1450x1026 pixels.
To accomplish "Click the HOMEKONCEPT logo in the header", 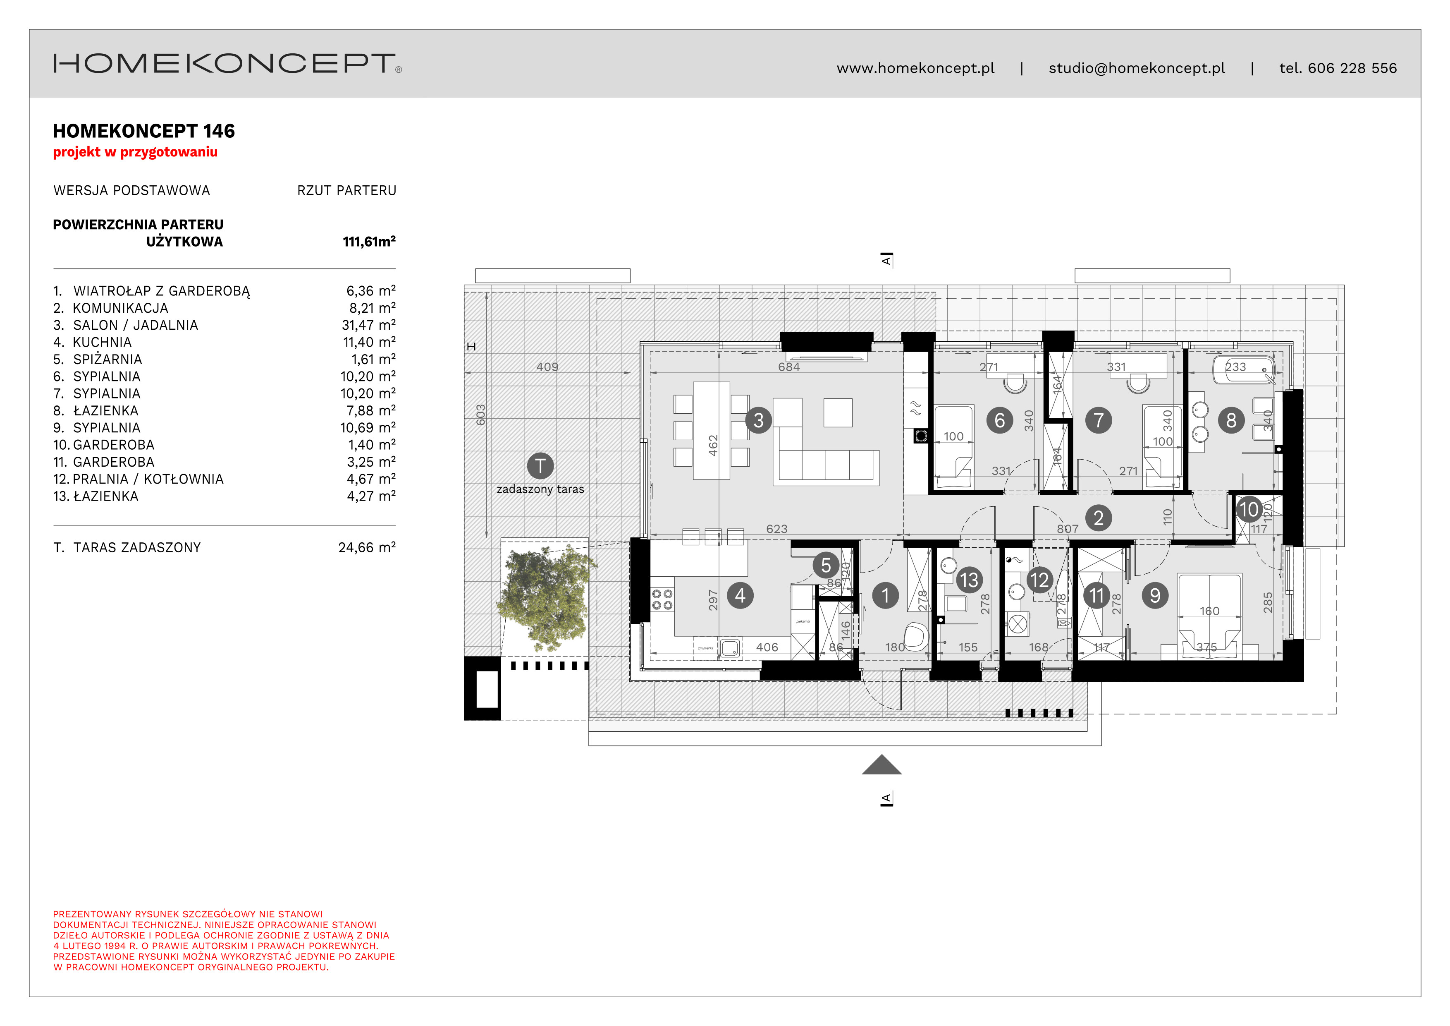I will [x=226, y=63].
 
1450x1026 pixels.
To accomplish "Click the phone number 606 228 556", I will [x=1352, y=68].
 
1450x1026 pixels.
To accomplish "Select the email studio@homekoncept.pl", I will [x=1136, y=68].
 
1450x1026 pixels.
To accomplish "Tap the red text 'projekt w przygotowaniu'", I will [x=135, y=152].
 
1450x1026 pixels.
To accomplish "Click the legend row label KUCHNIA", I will [x=102, y=343].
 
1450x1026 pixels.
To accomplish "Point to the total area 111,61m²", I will [x=369, y=241].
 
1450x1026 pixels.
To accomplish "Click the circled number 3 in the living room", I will [x=758, y=420].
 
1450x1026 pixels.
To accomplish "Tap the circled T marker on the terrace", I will [x=540, y=466].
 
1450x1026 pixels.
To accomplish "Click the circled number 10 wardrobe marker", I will [x=1249, y=509].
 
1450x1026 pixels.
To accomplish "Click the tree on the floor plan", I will [x=546, y=597].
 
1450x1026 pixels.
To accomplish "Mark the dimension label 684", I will [x=789, y=367].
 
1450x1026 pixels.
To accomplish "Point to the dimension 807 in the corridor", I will [x=1067, y=529].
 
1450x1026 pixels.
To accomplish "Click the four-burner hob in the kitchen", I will [x=662, y=599].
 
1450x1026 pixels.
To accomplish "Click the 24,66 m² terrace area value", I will [x=366, y=548].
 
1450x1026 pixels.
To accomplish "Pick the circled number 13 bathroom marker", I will [x=968, y=580].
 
